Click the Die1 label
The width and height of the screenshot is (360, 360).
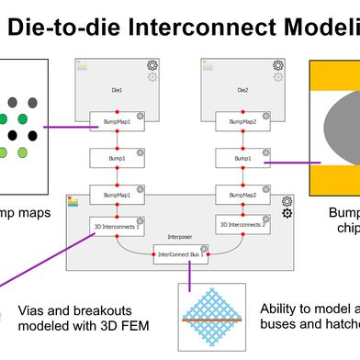click(x=116, y=91)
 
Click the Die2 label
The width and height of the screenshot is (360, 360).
click(x=242, y=91)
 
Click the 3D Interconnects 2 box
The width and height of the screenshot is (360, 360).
click(x=243, y=224)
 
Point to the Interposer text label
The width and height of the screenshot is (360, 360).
click(x=179, y=234)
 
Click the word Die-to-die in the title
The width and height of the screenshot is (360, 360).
click(x=65, y=27)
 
